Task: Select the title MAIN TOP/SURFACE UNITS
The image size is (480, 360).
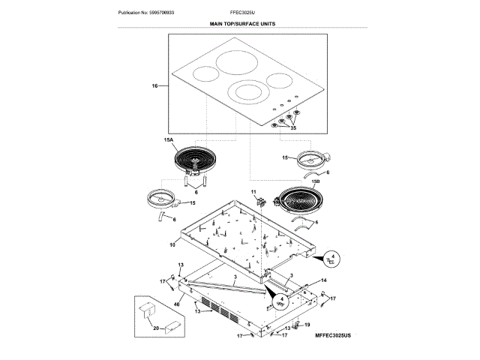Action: pos(242,25)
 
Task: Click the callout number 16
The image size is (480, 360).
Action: pos(154,87)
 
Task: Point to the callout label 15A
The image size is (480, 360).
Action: pos(167,140)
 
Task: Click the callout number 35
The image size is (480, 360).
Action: pos(293,128)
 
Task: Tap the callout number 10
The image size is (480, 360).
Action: pos(172,244)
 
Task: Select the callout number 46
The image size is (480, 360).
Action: pos(175,304)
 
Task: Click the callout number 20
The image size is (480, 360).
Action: pos(155,328)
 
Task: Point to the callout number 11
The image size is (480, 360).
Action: pos(253,193)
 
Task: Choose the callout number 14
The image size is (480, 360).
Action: pos(324,280)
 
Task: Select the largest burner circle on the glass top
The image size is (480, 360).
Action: pos(235,62)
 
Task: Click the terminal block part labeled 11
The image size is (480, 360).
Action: pos(261,201)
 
